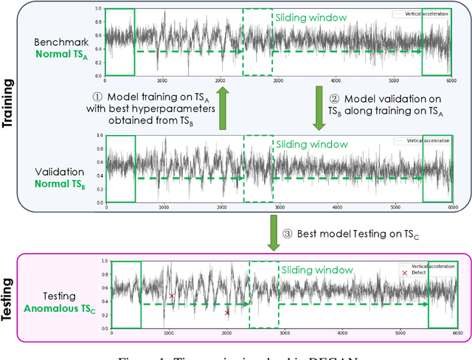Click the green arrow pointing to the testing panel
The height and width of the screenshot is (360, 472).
click(x=273, y=234)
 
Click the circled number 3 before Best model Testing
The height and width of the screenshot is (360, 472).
click(x=288, y=234)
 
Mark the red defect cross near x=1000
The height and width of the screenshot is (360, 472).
click(x=172, y=296)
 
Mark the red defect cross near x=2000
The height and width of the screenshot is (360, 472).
click(x=227, y=313)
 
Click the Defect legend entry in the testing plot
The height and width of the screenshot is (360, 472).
click(x=423, y=273)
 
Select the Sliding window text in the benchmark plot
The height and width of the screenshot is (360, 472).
click(x=305, y=16)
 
